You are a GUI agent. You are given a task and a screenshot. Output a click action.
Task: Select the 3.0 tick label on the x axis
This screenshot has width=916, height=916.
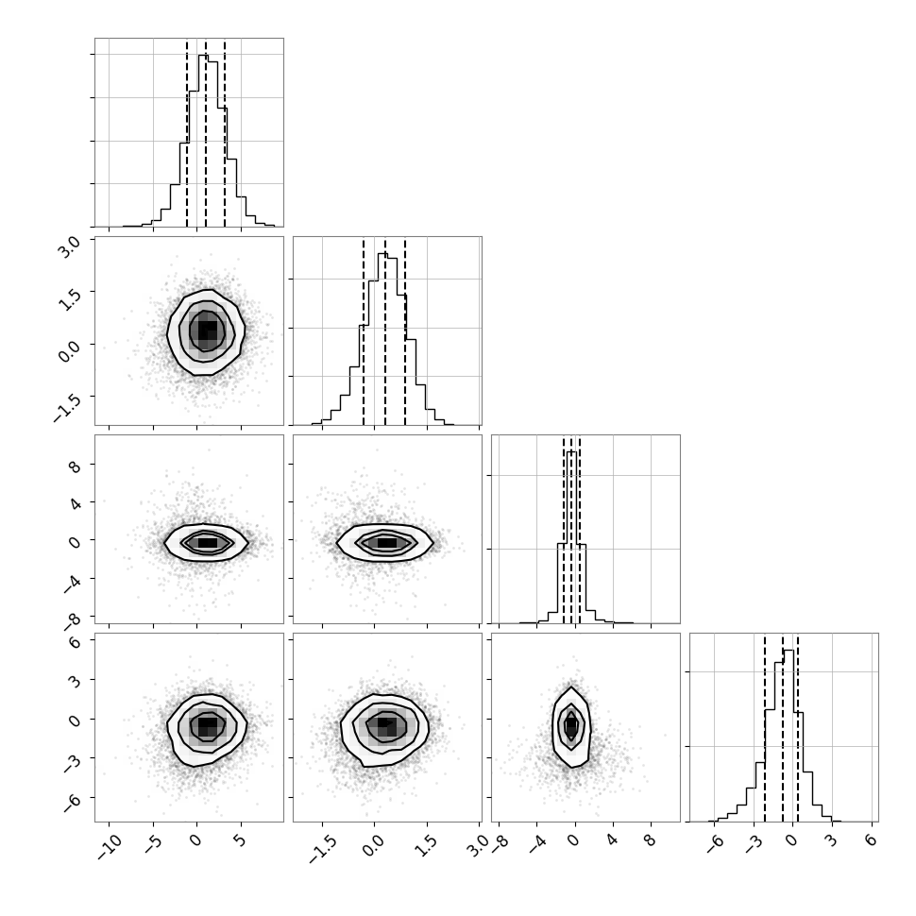(477, 845)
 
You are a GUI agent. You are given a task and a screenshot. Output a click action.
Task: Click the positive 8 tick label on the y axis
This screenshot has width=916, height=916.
(76, 466)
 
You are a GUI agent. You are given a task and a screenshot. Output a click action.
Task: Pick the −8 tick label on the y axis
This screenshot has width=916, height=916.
(72, 621)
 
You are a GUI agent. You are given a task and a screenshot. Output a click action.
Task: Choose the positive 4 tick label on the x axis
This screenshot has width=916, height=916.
(611, 841)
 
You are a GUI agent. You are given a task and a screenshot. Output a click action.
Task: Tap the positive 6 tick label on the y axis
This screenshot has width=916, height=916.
(76, 641)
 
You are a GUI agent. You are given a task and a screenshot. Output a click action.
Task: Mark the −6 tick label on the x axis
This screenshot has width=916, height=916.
(716, 844)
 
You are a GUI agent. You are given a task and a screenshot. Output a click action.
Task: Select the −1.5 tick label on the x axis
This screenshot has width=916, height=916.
(322, 849)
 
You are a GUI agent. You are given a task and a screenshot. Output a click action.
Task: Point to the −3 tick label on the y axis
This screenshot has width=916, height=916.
(72, 762)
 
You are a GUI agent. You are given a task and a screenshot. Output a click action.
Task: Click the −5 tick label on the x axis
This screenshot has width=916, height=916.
(154, 844)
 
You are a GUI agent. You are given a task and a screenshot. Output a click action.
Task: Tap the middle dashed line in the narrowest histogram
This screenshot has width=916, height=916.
(571, 531)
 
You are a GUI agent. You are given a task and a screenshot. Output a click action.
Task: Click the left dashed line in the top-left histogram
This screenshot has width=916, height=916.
(187, 133)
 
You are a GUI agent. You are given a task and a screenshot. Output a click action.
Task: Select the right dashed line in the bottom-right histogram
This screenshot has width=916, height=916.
(797, 728)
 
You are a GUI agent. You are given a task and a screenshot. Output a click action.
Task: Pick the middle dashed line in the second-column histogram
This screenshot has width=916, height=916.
(385, 332)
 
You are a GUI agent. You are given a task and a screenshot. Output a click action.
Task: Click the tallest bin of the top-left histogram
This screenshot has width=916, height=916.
(203, 141)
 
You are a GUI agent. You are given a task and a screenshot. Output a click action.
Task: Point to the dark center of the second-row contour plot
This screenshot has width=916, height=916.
(208, 331)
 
